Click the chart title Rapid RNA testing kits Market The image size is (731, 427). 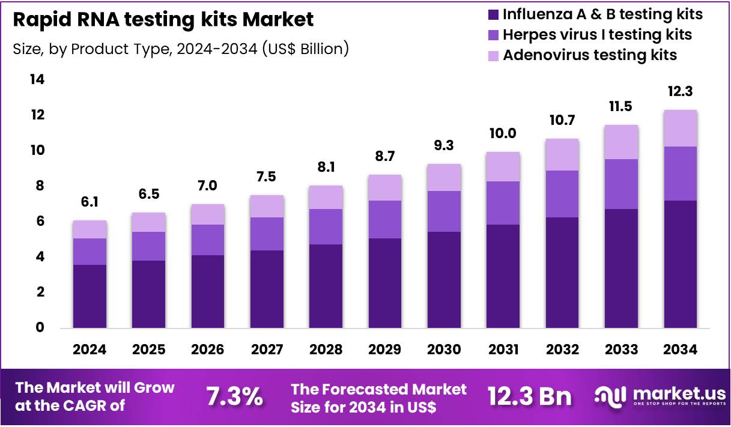click(163, 20)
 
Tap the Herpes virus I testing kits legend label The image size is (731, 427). click(597, 34)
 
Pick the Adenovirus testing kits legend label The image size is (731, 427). click(590, 55)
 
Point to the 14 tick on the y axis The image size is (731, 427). click(38, 79)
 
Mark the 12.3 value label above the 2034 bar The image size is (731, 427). click(680, 92)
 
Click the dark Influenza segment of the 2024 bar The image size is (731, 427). click(89, 296)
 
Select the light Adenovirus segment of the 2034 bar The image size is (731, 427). click(680, 129)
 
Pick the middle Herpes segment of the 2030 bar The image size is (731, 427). click(444, 211)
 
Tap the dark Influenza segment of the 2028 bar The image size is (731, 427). click(326, 286)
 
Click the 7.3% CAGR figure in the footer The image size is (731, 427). click(234, 397)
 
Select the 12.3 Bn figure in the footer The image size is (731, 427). click(530, 397)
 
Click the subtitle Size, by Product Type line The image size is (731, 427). click(181, 49)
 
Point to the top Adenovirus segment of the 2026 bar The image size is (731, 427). click(208, 214)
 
